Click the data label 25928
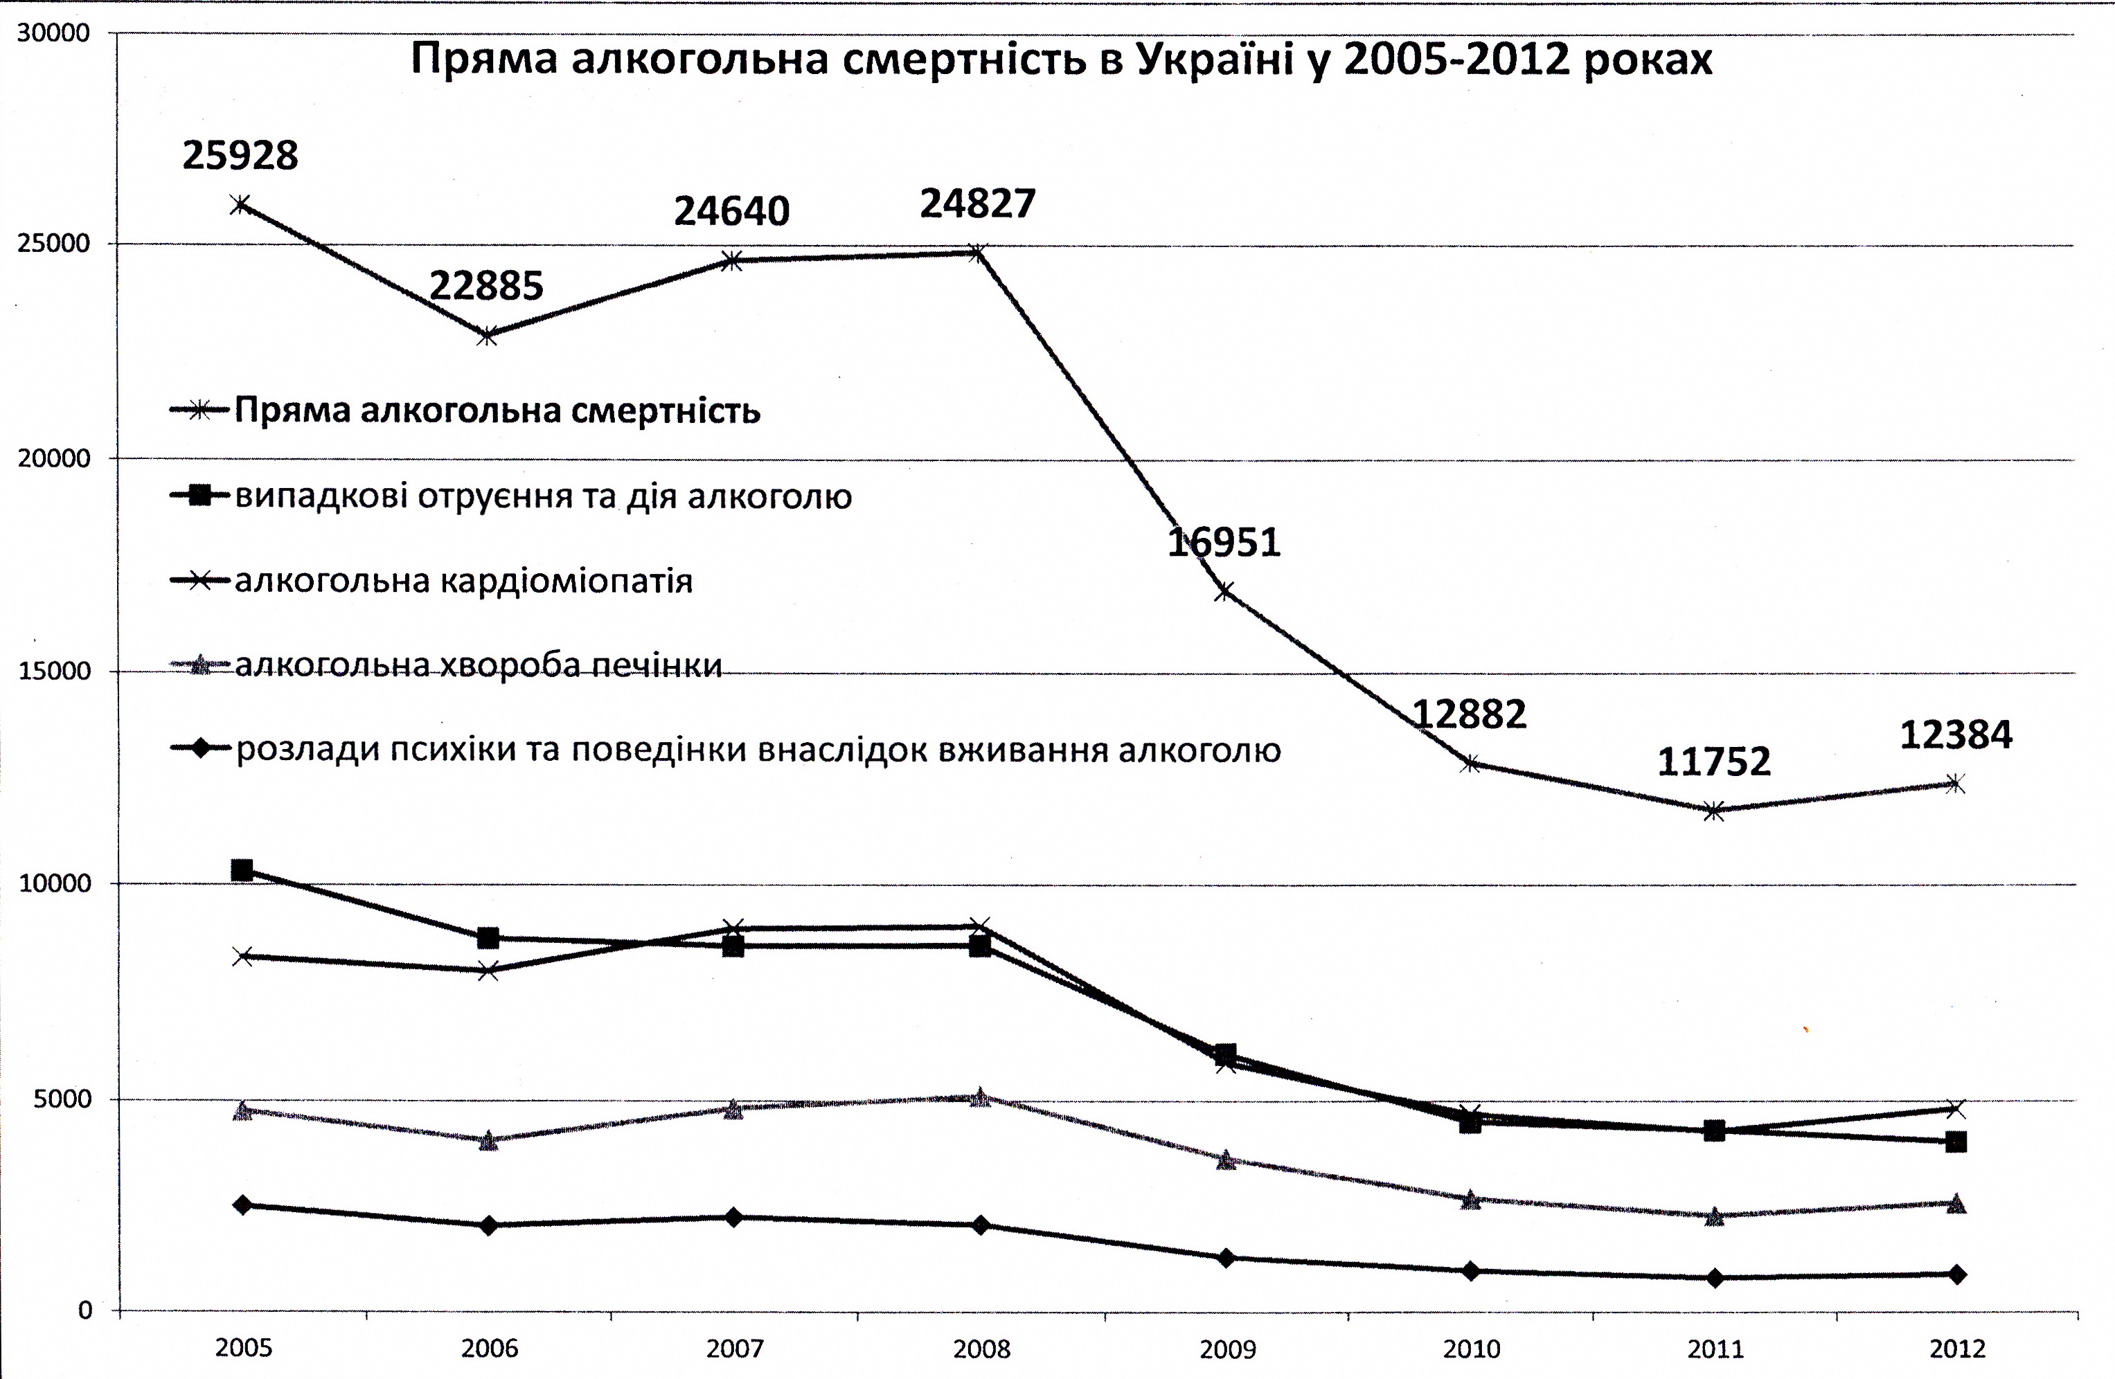tap(240, 156)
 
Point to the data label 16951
tap(1224, 542)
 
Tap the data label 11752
tap(1714, 761)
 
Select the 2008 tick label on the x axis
tap(982, 1349)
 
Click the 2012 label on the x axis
tap(1957, 1349)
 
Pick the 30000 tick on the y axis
tap(54, 33)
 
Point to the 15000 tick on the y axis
tap(54, 671)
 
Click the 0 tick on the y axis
tap(85, 1310)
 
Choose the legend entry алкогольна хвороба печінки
tap(478, 665)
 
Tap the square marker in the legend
tap(201, 495)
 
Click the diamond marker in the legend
tap(201, 749)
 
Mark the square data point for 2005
tap(242, 870)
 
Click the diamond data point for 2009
tap(1226, 1258)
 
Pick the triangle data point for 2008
tap(980, 1098)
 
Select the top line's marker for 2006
tap(487, 336)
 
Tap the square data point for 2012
tap(1955, 1142)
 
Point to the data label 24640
tap(731, 211)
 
